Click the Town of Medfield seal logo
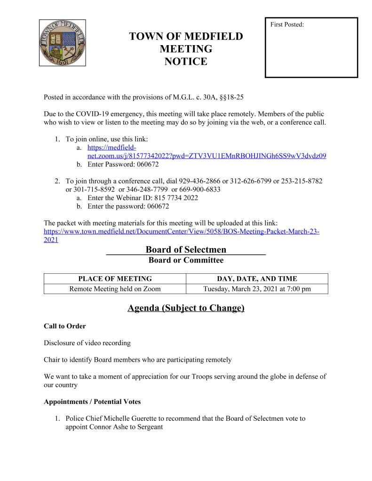[x=62, y=43]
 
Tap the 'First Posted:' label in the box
[x=287, y=24]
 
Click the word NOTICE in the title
[x=186, y=61]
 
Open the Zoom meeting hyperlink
[x=207, y=156]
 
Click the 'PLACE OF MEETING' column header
[x=115, y=279]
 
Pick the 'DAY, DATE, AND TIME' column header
[x=257, y=279]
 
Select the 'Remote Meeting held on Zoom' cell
[x=115, y=289]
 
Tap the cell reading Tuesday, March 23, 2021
[x=257, y=289]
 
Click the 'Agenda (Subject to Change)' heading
[x=186, y=308]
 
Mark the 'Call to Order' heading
[x=65, y=326]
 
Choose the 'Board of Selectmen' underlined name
[x=186, y=249]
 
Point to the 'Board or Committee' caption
[x=186, y=260]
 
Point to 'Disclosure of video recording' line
[x=87, y=343]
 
